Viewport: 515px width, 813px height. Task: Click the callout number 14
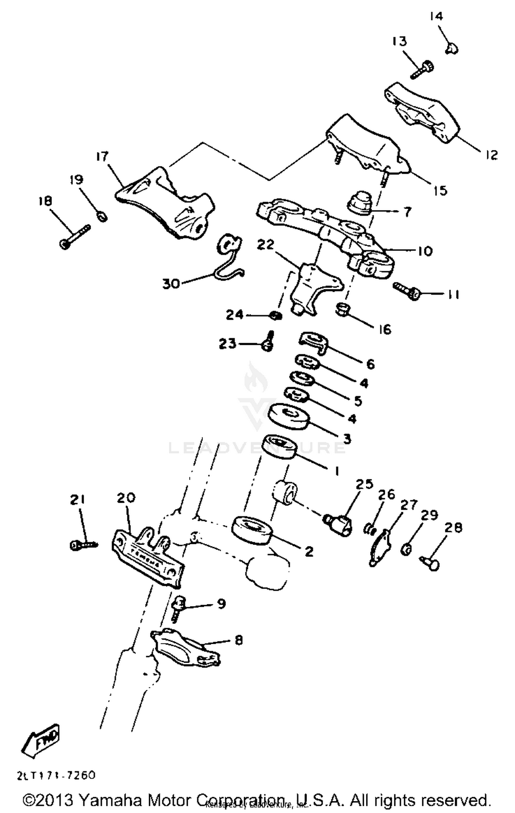pos(436,16)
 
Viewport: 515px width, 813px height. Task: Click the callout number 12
pos(491,155)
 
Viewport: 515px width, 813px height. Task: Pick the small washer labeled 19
pos(102,217)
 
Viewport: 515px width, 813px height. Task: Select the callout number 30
pos(171,283)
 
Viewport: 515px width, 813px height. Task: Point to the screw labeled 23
pos(268,342)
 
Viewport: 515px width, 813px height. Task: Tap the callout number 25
pos(364,484)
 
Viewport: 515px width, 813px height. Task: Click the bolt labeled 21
pos(83,544)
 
